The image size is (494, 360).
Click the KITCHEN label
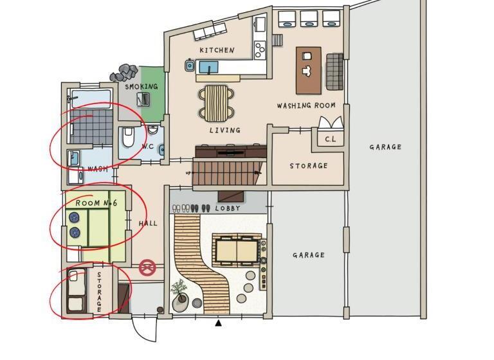217,50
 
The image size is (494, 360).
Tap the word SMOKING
141,87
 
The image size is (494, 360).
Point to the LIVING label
224,130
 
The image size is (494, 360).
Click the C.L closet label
330,138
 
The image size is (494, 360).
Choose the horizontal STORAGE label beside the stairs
308,166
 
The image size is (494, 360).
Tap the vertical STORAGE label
99,292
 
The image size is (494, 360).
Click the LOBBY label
228,209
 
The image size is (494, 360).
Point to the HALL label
148,224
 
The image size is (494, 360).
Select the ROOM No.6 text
96,203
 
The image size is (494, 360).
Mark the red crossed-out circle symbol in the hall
148,267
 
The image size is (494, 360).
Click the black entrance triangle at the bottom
219,323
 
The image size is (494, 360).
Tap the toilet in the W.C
127,137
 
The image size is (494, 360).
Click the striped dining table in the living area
217,102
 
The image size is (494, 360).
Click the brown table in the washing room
308,70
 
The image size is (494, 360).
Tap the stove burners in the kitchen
261,49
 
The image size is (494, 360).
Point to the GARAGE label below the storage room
308,255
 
